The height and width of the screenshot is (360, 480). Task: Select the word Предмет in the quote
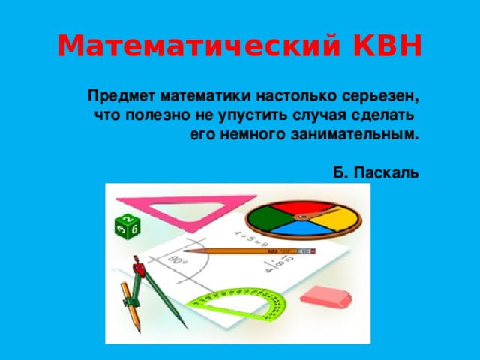coord(119,97)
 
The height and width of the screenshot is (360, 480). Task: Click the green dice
coord(126,226)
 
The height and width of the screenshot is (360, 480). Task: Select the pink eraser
coord(325,296)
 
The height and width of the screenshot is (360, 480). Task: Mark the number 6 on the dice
coord(135,229)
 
